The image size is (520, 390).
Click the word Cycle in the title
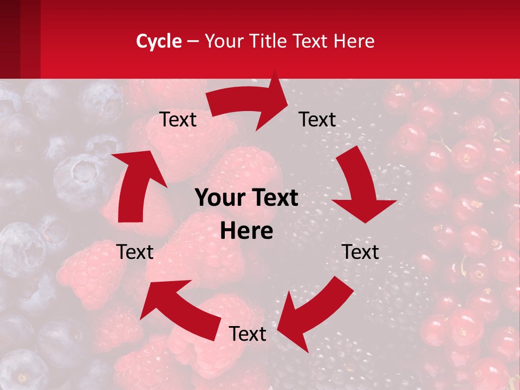pos(159,41)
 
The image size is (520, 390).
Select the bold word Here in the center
pos(246,231)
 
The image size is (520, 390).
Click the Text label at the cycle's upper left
pos(178,120)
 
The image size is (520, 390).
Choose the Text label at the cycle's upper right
pos(317,120)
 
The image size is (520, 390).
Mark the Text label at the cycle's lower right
pos(360,252)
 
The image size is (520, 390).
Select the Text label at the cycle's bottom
pos(248,334)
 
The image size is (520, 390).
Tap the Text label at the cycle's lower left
pos(135,252)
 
